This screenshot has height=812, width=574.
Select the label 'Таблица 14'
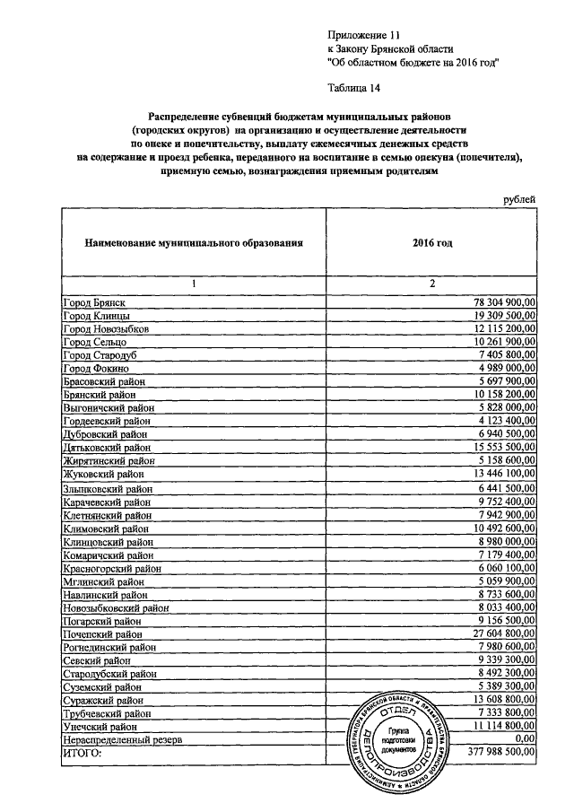click(358, 86)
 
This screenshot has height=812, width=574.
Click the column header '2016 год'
click(432, 242)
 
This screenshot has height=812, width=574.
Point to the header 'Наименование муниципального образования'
click(193, 242)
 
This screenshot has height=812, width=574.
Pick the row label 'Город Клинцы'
click(95, 317)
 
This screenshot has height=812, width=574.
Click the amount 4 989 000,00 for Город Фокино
click(500, 368)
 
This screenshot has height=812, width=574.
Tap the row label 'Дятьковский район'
click(107, 447)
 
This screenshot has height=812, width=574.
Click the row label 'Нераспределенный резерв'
click(122, 739)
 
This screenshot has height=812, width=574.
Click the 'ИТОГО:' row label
click(83, 753)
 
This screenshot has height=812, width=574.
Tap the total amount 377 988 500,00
click(494, 753)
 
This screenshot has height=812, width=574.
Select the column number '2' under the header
click(432, 284)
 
